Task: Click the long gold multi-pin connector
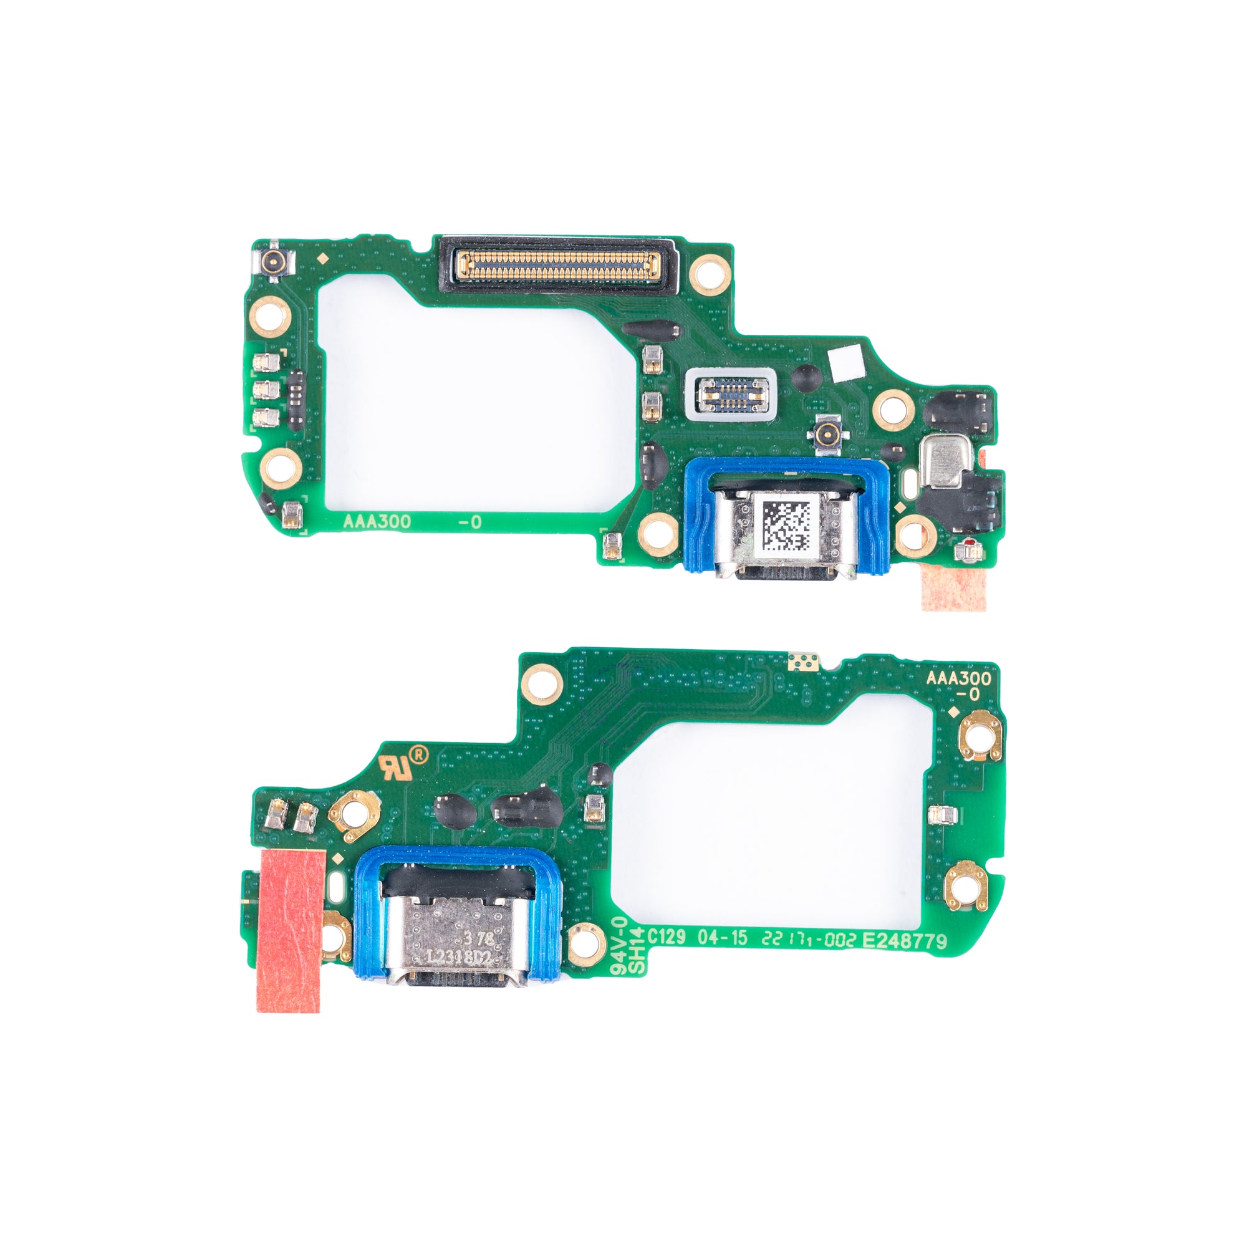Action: (557, 267)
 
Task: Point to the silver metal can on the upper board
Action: (946, 460)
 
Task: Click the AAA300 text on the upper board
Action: (377, 521)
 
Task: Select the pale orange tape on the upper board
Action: (953, 584)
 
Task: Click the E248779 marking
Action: (905, 940)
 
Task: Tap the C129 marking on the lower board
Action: (666, 936)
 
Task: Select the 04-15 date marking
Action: (722, 938)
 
